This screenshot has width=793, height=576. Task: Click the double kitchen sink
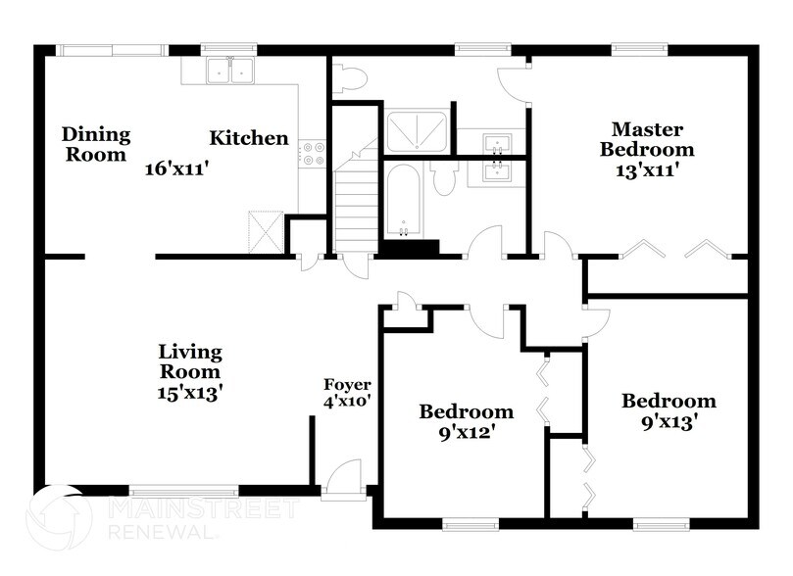(x=232, y=72)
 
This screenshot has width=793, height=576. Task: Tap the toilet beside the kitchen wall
(x=346, y=76)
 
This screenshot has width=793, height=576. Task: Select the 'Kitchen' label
(x=249, y=138)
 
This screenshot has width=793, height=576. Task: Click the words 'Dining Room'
(x=96, y=144)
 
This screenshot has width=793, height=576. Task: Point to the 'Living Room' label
(x=191, y=361)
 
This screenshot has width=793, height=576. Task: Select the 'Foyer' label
(x=347, y=384)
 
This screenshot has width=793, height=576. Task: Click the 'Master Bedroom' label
(x=647, y=139)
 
